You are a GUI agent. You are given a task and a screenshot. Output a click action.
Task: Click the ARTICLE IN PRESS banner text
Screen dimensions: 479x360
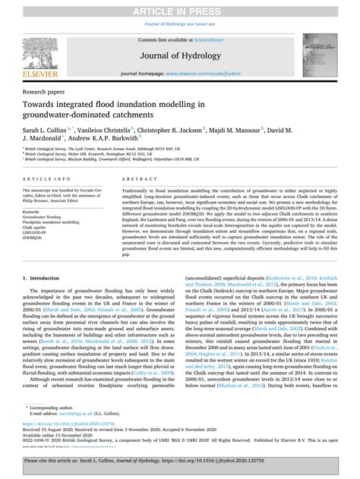(179, 7)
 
